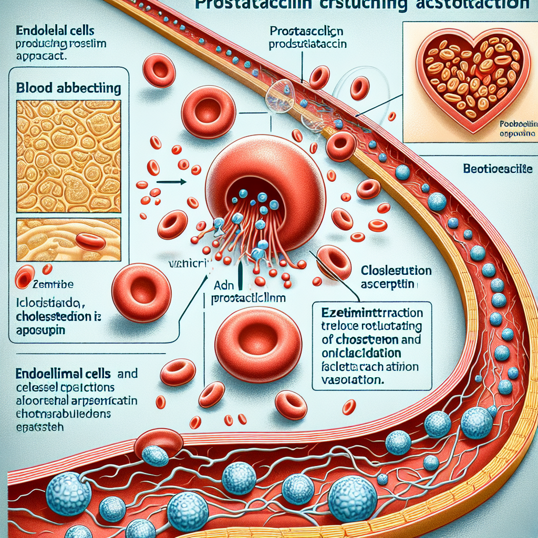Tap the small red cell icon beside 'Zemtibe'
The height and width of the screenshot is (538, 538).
coord(25,277)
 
